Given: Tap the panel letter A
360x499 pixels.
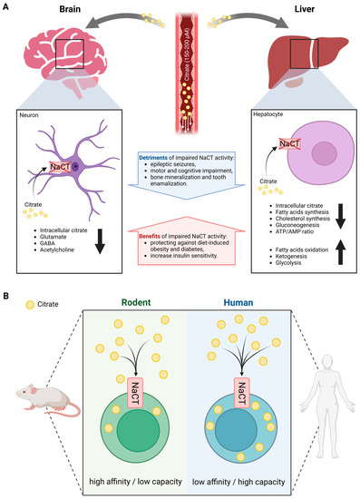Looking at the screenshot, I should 7,6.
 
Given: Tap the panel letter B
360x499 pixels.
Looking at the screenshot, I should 7,295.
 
